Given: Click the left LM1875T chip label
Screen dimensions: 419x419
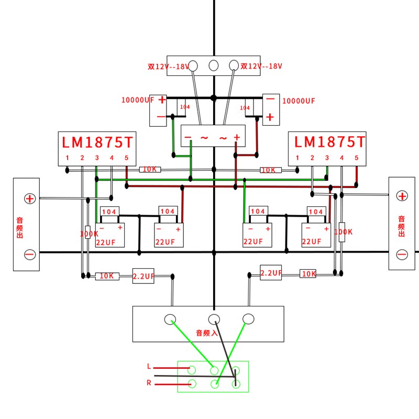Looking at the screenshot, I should click(x=97, y=142).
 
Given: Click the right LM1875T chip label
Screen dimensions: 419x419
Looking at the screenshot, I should click(x=329, y=142).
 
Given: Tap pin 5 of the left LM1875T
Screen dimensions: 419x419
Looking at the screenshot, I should click(x=126, y=158).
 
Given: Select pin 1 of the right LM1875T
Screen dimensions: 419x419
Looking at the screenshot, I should click(x=297, y=158).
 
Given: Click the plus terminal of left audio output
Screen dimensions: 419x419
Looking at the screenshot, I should click(x=30, y=199).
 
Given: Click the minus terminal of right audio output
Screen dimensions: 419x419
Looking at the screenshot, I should click(x=402, y=255).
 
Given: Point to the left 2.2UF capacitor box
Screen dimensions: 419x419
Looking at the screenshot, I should click(x=143, y=276).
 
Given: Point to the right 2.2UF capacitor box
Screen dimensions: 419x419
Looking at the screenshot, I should click(x=271, y=273).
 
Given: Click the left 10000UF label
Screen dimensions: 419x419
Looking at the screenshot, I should click(x=138, y=100).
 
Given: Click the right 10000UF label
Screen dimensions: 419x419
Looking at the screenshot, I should click(x=299, y=101).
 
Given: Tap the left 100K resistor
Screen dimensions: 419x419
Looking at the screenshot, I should click(x=88, y=232).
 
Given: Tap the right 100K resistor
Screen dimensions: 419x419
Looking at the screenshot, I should click(x=342, y=231).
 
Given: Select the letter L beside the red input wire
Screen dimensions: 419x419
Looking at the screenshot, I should click(x=149, y=367).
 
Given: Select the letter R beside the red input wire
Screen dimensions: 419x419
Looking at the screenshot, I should click(x=149, y=383).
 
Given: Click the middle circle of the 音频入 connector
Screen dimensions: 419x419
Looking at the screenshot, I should click(x=214, y=318).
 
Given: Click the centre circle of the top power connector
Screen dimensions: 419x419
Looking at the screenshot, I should click(x=214, y=65).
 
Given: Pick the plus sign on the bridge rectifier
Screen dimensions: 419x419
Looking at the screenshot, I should click(x=237, y=137).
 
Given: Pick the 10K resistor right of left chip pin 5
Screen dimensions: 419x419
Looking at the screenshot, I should click(x=150, y=170).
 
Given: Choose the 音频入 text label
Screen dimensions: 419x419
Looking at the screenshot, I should click(x=206, y=333).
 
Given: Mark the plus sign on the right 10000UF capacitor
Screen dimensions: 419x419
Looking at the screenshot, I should click(x=270, y=117).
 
